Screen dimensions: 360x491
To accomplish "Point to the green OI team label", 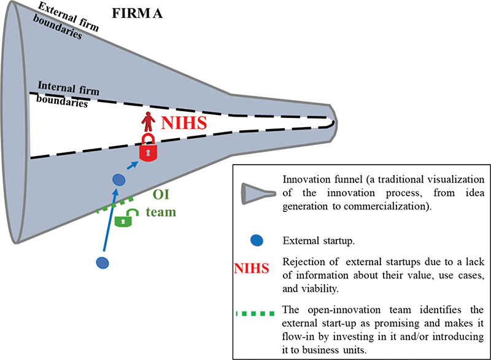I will tap(163, 204).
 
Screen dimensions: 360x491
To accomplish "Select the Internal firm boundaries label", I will tap(64, 93).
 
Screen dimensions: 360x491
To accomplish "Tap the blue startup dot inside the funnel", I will tap(120, 180).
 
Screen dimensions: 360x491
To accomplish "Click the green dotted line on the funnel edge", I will tap(115, 205).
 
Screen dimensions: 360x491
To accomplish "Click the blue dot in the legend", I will tap(257, 240).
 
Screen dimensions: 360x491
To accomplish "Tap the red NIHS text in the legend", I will tap(252, 268).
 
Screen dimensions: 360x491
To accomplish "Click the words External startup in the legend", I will tap(314, 240).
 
